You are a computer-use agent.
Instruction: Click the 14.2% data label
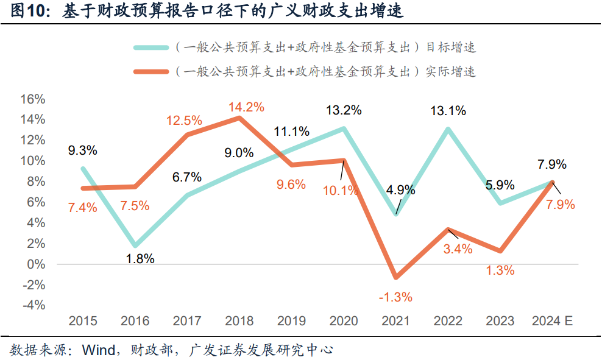coord(246,108)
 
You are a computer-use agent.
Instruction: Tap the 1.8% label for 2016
coord(140,259)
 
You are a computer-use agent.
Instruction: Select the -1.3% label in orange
coord(395,297)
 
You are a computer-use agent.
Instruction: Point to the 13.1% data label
coord(448,111)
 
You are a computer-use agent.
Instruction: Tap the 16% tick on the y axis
coord(32,99)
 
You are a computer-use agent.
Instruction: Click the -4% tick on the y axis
coord(32,306)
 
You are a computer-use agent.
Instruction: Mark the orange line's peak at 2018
coord(239,118)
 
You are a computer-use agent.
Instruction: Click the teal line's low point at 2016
coord(135,245)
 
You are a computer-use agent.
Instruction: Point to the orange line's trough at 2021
coord(396,277)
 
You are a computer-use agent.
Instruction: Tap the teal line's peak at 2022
coord(448,129)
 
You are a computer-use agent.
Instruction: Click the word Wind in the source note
coord(97,350)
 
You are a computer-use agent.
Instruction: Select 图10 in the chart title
coord(24,12)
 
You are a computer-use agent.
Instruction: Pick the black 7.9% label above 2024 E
coord(551,164)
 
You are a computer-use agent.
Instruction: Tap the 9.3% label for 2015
coord(82,150)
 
